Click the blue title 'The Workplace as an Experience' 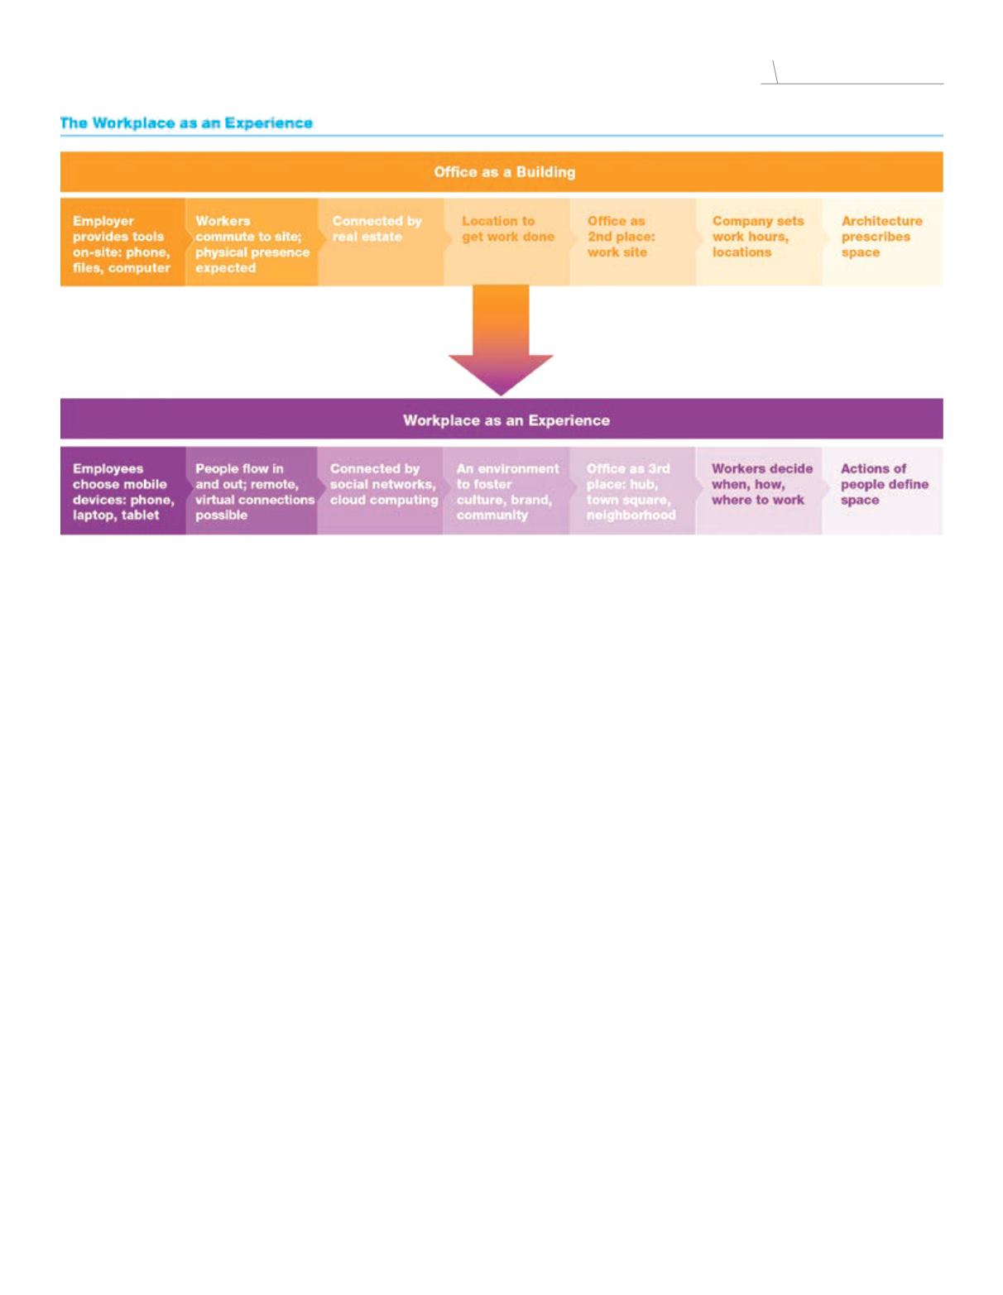(186, 123)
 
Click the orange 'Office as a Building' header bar (501, 171)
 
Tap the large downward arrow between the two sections (501, 340)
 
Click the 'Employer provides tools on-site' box (122, 242)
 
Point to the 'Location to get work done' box (507, 242)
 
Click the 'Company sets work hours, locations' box (760, 242)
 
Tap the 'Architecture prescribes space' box (883, 242)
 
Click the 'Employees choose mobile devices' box (122, 491)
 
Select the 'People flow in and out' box (252, 491)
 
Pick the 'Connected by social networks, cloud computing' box (381, 491)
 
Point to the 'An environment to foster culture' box (506, 491)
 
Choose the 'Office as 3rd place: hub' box (633, 491)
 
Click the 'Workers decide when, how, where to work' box (759, 491)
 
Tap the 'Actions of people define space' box (883, 491)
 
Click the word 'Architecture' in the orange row (881, 221)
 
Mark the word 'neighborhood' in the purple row (631, 516)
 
